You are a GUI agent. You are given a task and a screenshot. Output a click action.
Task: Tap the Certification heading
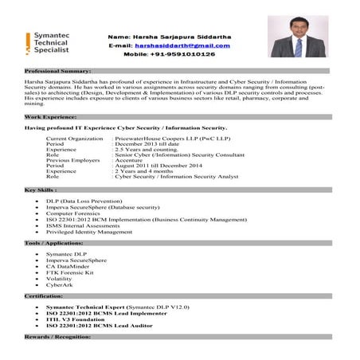point(43,295)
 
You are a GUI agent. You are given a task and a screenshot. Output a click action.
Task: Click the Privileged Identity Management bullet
point(89,232)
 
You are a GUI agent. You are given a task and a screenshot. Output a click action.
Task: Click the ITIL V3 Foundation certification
point(80,320)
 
